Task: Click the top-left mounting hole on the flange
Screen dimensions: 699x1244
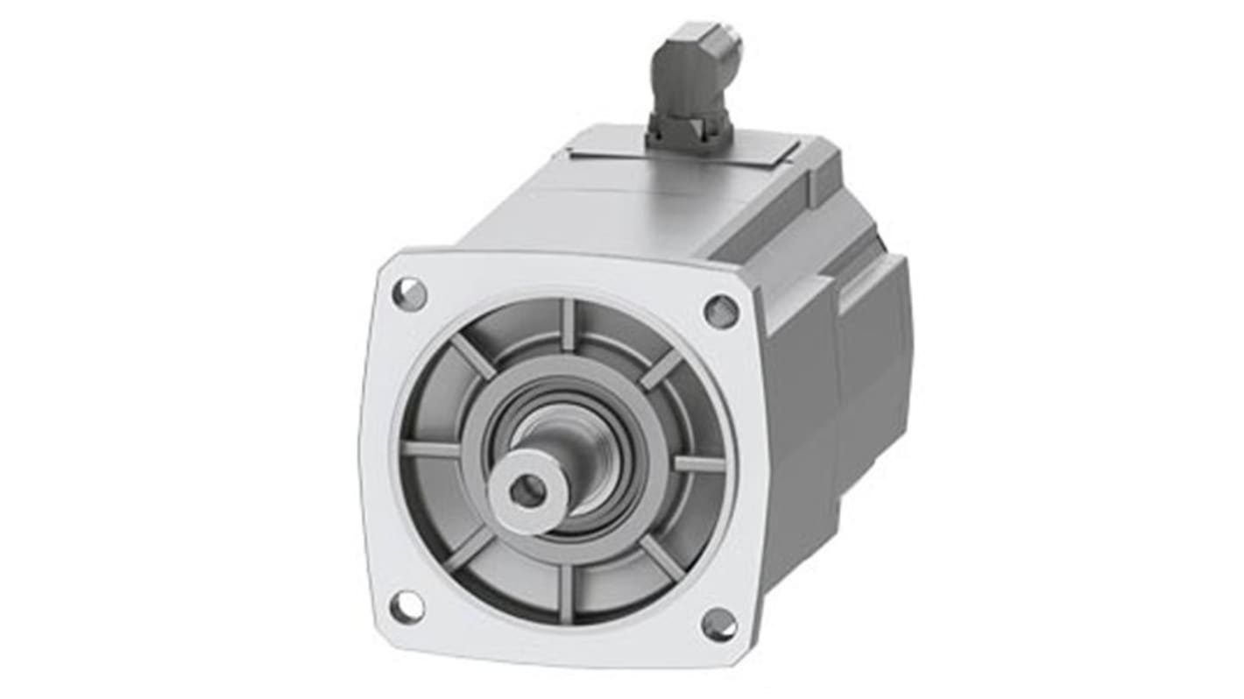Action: [x=409, y=293]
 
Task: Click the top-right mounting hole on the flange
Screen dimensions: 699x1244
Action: [x=720, y=311]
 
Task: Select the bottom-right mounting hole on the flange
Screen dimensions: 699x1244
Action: [x=718, y=624]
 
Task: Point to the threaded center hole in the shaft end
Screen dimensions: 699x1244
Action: [x=527, y=491]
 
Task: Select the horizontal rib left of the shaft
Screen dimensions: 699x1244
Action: [x=432, y=448]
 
